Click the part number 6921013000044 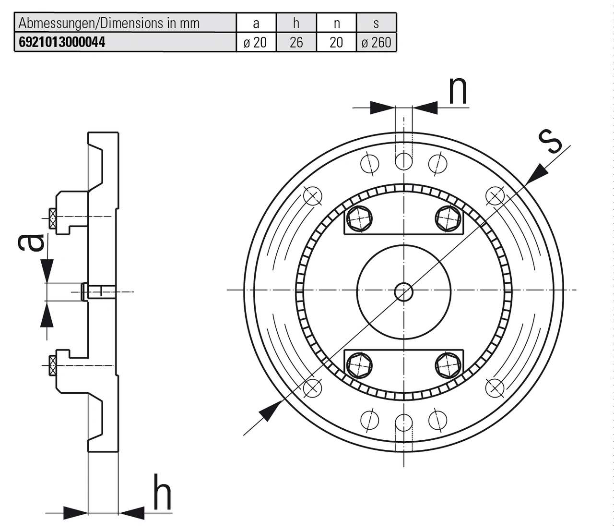click(x=62, y=42)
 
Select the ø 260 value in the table click(x=376, y=42)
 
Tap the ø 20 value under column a click(x=256, y=42)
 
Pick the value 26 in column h click(x=296, y=42)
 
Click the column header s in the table click(x=376, y=23)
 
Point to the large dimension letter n click(x=458, y=91)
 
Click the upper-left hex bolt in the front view click(x=359, y=218)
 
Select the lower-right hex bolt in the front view click(x=449, y=365)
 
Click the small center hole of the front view click(x=403, y=291)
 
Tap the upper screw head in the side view click(x=52, y=218)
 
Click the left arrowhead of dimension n click(x=382, y=108)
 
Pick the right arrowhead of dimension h click(x=131, y=513)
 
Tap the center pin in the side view click(x=98, y=291)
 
